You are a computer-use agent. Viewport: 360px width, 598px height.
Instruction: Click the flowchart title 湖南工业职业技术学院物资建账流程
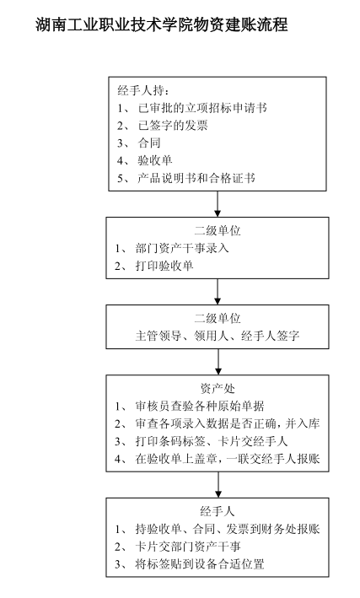coord(161,25)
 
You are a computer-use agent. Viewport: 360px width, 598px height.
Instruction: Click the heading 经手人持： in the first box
coord(143,90)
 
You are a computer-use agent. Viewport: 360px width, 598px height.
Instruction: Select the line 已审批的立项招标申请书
coord(202,108)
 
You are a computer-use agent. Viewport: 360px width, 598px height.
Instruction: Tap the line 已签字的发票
coord(173,126)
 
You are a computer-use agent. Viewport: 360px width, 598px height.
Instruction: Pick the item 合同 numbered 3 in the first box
coord(149,143)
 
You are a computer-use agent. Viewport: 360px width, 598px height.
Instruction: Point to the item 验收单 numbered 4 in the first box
coord(155,160)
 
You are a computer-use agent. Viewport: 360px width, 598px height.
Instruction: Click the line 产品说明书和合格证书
coord(196,178)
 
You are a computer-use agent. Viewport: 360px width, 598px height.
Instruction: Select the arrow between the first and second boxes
coord(218,204)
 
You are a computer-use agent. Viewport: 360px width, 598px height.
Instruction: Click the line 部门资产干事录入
coord(182,248)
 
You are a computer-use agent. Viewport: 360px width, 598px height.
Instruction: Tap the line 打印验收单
coord(164,266)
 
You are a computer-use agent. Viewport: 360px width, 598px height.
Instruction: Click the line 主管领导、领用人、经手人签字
coord(218,336)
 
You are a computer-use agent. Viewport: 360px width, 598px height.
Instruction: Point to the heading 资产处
coord(218,389)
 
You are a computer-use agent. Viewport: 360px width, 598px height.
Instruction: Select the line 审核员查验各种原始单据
coord(200,407)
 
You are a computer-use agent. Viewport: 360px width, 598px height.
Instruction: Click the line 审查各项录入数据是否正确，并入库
coord(228,423)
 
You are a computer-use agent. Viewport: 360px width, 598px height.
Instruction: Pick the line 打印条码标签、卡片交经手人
coord(212,441)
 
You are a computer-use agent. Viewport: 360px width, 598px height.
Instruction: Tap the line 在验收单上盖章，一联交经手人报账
coord(228,459)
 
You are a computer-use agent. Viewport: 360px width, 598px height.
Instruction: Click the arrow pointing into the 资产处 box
coord(218,362)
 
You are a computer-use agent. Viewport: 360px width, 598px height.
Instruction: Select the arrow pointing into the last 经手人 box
coord(218,485)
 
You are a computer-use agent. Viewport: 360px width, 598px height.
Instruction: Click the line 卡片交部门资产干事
coord(188,547)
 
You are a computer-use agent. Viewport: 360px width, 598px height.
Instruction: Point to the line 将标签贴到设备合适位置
coord(200,564)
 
